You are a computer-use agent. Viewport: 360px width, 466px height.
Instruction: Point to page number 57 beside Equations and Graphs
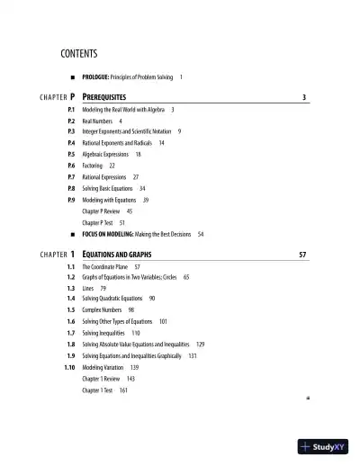(302, 255)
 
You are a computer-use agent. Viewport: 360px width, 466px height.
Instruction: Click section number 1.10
(68, 367)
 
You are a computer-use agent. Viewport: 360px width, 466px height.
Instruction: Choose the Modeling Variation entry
(104, 367)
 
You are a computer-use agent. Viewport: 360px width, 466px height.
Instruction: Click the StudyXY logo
(323, 445)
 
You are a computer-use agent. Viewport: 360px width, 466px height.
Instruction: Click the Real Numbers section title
(97, 121)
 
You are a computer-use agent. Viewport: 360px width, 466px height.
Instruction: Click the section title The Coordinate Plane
(105, 267)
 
